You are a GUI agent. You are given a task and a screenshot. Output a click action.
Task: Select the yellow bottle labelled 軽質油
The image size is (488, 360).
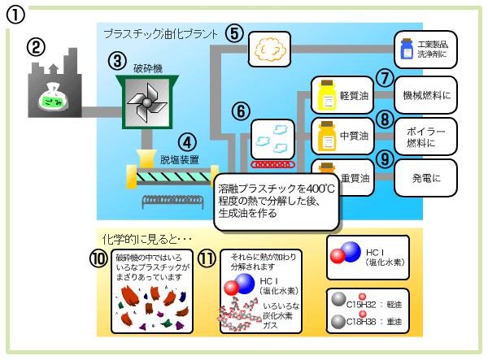[327, 96]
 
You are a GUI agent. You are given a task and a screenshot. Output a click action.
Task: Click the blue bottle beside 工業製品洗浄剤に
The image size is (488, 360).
[407, 51]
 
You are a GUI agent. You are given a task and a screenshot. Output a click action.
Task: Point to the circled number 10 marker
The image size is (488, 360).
[98, 258]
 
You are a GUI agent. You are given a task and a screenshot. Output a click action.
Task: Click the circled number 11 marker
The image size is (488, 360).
[207, 258]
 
